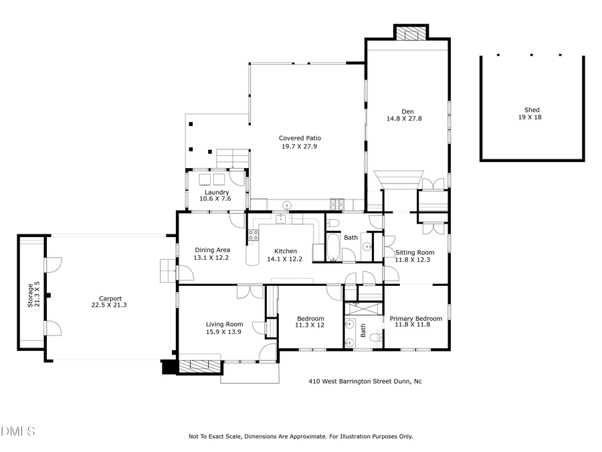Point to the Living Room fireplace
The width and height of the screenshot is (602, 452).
199,366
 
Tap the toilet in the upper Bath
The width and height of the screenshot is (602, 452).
335,223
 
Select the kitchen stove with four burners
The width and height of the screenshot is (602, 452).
254,235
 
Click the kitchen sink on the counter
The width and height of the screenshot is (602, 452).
281,218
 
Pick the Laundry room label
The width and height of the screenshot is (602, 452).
217,192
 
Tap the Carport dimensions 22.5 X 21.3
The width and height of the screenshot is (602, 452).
110,305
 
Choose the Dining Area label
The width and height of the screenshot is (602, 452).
211,250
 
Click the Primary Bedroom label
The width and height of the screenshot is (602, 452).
415,319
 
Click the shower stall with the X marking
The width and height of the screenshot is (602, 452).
363,309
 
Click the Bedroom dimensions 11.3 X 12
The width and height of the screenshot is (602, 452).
310,325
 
